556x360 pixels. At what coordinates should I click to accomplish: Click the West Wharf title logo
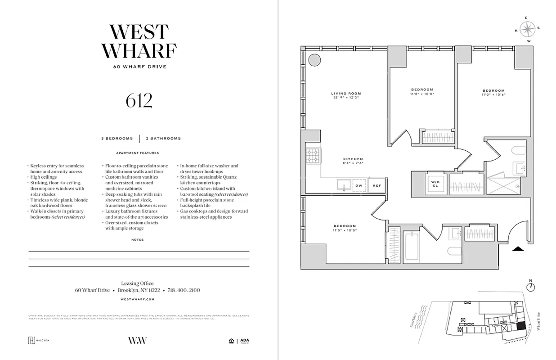(139, 41)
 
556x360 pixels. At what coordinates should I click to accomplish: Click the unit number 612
(139, 101)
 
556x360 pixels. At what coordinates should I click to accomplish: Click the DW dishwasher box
(359, 185)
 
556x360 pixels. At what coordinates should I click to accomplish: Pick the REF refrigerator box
(376, 185)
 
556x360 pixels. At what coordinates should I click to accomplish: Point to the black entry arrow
(518, 248)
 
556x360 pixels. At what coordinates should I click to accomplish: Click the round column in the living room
(314, 59)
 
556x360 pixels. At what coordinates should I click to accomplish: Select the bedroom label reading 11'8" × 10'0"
(422, 91)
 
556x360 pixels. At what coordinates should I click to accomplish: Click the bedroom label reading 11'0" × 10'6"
(493, 92)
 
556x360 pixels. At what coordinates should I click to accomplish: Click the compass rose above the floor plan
(528, 29)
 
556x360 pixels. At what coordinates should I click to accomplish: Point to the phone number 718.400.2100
(184, 290)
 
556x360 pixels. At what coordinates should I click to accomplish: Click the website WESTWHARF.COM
(138, 299)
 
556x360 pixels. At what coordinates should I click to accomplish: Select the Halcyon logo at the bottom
(38, 340)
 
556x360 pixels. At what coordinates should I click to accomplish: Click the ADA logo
(244, 341)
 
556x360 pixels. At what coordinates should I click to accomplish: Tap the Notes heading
(138, 240)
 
